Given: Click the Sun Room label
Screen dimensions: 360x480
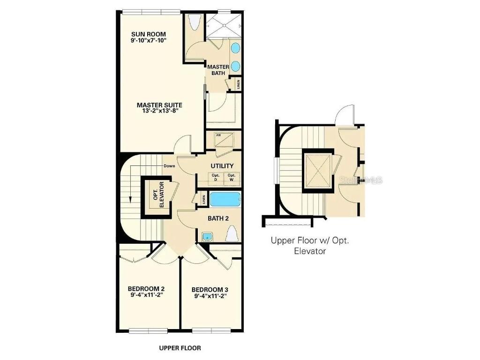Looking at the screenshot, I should pos(148,35).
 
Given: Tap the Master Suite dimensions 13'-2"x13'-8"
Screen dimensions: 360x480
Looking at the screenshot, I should pos(159,111).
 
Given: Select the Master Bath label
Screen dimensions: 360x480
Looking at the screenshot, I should pos(218,70).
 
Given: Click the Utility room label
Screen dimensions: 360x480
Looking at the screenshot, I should pos(222,166).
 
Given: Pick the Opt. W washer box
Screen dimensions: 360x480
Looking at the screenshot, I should pos(231,178).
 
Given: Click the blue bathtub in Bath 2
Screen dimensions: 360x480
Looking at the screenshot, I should pos(225,200).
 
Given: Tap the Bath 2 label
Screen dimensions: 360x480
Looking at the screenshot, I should pos(218,218).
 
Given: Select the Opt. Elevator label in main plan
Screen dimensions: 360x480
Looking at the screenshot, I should pos(159,195).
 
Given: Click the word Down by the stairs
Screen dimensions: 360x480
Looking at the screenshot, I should pos(169,166).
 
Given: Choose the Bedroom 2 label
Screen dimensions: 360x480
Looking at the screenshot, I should pos(146,292).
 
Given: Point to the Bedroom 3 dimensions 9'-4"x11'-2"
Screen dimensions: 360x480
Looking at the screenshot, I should pos(210,296).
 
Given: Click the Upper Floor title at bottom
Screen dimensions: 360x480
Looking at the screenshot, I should pos(180,348).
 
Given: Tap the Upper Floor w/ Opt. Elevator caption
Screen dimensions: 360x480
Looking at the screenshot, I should pos(310,246).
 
